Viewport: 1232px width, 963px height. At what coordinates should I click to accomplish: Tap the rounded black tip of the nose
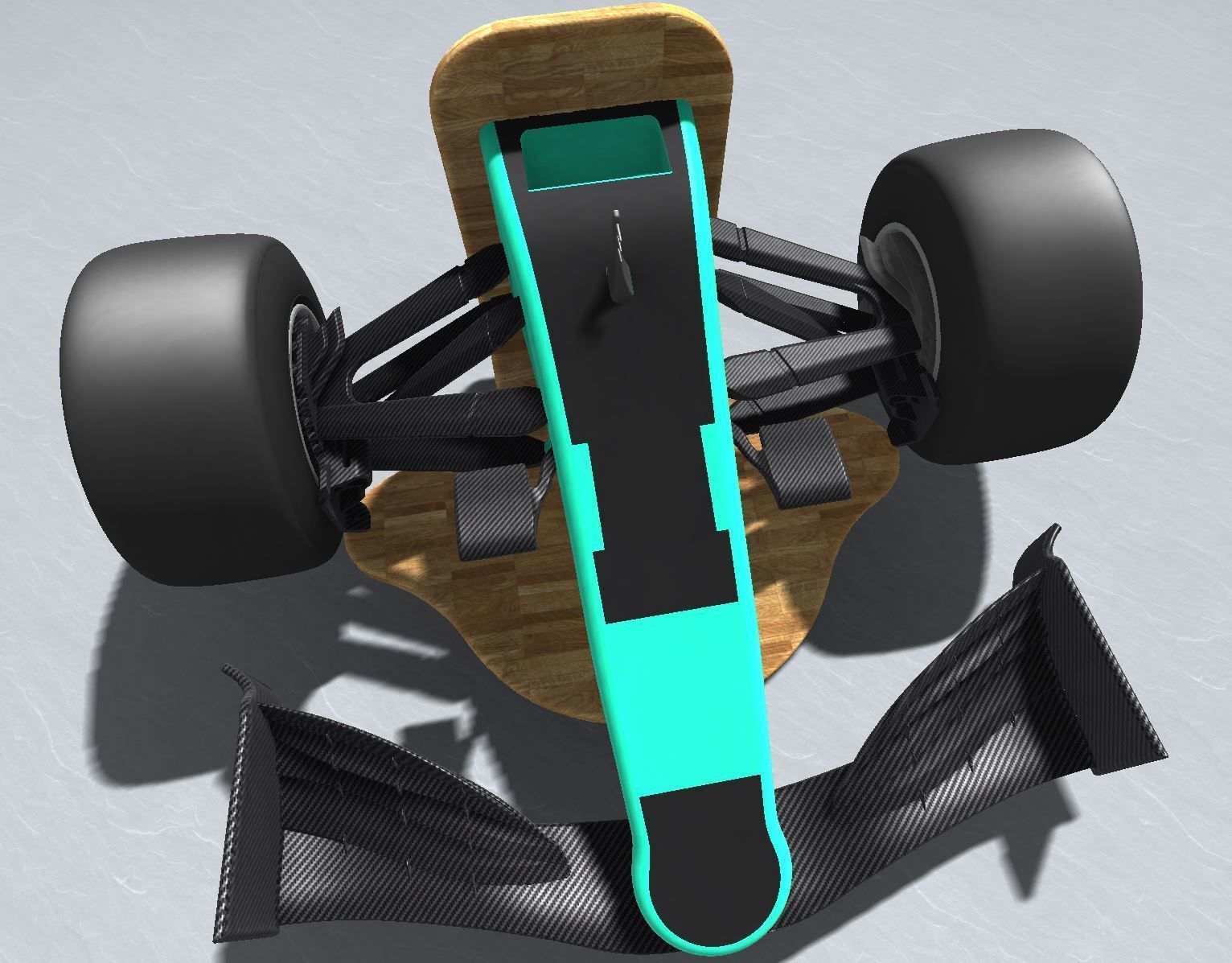pos(708,877)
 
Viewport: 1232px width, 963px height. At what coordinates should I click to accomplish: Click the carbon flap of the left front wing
pos(402,805)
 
